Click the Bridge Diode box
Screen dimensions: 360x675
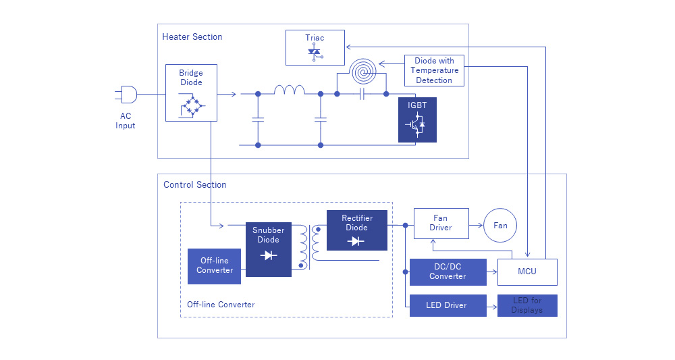coord(191,93)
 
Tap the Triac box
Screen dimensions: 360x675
coord(315,47)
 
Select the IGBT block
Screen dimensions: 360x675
coord(416,120)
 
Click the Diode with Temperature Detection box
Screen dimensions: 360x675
coord(434,70)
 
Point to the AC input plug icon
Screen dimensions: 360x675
coord(128,94)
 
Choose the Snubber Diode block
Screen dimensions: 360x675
coord(269,249)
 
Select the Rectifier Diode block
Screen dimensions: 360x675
coord(356,230)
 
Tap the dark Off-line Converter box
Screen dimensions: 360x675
coord(215,265)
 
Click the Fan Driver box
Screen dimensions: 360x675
coord(441,223)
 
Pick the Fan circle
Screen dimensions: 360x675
coord(500,225)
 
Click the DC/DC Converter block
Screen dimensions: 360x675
coord(448,272)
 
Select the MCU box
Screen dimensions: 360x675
coord(527,272)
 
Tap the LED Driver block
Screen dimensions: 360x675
coord(448,305)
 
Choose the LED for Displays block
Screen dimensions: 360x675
coord(527,305)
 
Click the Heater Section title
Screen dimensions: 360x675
coord(192,36)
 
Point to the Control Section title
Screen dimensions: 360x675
coord(195,184)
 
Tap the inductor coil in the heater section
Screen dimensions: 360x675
coord(289,90)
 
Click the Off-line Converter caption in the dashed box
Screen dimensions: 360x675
coord(221,305)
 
